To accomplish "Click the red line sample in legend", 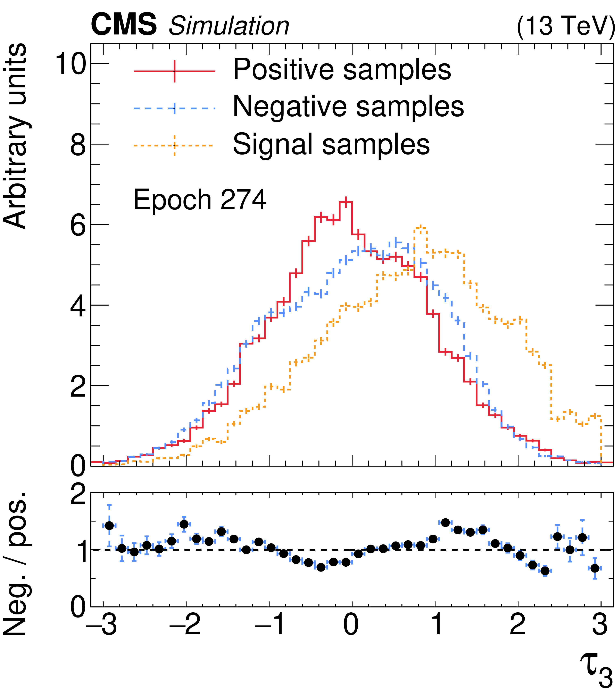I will click(x=174, y=71).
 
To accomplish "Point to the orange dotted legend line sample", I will click(x=174, y=145).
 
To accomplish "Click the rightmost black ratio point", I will click(x=595, y=568).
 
